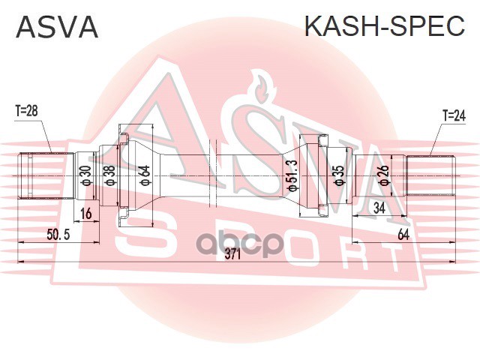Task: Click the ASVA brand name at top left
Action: coord(57,27)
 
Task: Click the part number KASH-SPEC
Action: coord(385,25)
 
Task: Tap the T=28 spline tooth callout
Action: coord(27,111)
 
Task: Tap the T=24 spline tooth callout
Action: coord(454,115)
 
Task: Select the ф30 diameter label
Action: coord(85,175)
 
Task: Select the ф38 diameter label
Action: coord(109,175)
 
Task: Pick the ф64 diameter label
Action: coord(144,175)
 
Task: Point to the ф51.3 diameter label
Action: coord(292,175)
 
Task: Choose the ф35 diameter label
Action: coord(339,175)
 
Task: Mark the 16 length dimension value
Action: coord(86,213)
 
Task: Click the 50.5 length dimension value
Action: coord(58,235)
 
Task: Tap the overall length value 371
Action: coord(233,254)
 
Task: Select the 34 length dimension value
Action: coord(379,208)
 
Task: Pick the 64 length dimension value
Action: coord(403,235)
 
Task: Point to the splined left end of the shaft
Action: coord(46,175)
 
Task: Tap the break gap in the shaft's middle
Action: coord(213,175)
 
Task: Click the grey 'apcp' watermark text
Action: coord(241,244)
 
